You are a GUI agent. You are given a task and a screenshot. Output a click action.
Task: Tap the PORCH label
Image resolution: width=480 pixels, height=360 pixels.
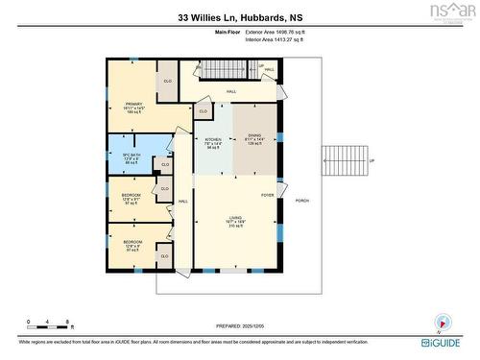pos(302,201)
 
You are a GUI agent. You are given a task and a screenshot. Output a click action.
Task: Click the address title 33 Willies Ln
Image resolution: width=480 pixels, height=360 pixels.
pos(239,16)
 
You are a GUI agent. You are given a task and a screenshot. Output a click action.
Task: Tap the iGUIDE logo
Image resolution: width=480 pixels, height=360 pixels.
pos(443,342)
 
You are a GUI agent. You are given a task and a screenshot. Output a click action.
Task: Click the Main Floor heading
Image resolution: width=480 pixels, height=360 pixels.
pos(228,33)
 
